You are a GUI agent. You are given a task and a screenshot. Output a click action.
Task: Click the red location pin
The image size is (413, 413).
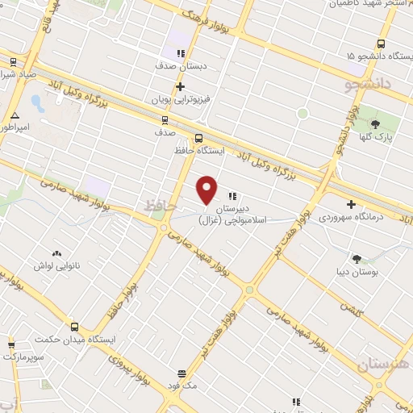[207, 190]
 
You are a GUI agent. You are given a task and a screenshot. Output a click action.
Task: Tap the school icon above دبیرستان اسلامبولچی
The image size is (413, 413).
[232, 195]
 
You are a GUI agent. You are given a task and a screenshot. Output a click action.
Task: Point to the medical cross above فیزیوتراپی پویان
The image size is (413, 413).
[181, 86]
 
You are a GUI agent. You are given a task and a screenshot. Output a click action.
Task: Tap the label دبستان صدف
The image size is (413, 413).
[180, 67]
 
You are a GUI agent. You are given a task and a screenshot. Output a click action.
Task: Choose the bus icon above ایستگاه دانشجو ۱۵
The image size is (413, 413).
[380, 44]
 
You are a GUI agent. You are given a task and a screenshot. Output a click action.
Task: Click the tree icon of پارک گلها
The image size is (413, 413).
[375, 123]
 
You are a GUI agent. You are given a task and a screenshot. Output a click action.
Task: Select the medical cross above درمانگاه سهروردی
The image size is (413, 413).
[350, 205]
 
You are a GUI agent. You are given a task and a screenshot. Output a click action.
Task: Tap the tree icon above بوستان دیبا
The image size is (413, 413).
[357, 259]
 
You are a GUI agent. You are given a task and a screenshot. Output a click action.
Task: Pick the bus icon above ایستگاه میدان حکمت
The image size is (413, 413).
[74, 327]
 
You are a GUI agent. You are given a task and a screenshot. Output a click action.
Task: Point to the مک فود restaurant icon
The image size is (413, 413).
[182, 374]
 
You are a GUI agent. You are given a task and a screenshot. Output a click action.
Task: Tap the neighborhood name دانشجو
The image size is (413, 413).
[368, 82]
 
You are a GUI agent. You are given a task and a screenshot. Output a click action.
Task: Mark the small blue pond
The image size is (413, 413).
[35, 103]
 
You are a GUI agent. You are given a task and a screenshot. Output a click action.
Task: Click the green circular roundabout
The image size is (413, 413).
[302, 113]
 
